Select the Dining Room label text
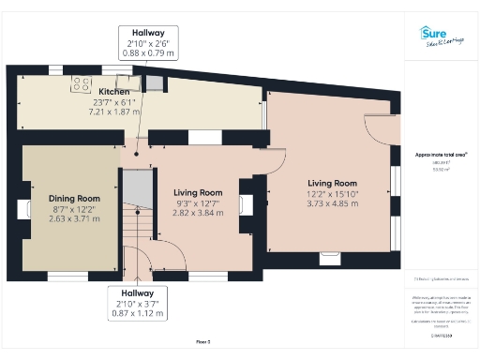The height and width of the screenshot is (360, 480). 74,199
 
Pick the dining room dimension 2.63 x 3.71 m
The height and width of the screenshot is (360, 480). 74,219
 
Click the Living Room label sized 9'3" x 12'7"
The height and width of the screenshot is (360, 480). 197,192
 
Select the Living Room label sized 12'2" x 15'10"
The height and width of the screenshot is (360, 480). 333,184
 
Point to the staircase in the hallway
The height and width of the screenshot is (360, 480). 138,225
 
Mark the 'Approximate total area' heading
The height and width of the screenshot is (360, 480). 441,154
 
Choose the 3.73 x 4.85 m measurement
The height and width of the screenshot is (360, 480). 333,204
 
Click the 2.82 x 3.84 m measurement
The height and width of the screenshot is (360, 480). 197,213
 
